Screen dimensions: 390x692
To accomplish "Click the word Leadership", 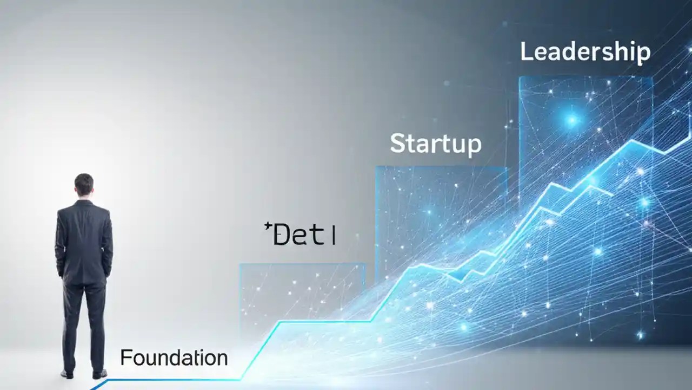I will click(x=585, y=53).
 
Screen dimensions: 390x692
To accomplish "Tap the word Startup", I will click(x=435, y=144).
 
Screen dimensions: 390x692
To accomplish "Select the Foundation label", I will click(x=174, y=358).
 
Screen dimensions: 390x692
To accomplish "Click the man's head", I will click(x=84, y=185).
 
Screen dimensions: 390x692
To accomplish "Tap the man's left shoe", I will click(x=66, y=373).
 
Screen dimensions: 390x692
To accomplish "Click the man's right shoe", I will click(x=99, y=373).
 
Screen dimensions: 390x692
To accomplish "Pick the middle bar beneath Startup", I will click(x=441, y=217).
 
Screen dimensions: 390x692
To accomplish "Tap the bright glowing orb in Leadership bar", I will click(x=572, y=120).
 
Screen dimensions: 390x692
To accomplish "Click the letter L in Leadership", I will click(x=525, y=52).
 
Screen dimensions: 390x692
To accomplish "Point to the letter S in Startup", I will click(x=397, y=143).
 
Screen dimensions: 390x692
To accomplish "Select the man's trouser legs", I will click(x=84, y=325).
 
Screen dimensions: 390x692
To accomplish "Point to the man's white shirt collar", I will click(x=84, y=200).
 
